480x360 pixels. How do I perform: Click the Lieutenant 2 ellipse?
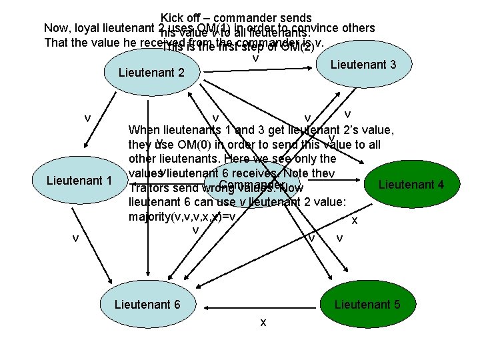[150, 72]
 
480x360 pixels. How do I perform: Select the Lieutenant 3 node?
[363, 65]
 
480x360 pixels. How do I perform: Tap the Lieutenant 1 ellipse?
[79, 181]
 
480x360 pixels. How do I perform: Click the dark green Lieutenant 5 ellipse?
[367, 305]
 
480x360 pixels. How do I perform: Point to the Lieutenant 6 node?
[147, 305]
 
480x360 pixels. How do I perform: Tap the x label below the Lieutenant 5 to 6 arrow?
[263, 323]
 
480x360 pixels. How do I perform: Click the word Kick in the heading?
[173, 18]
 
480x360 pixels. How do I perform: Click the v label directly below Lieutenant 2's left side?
[87, 117]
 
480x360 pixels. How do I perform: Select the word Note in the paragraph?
[295, 173]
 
